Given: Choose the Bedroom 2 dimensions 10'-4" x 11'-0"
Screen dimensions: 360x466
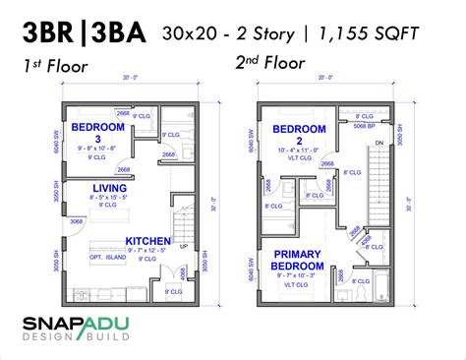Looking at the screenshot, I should click(x=292, y=150).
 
